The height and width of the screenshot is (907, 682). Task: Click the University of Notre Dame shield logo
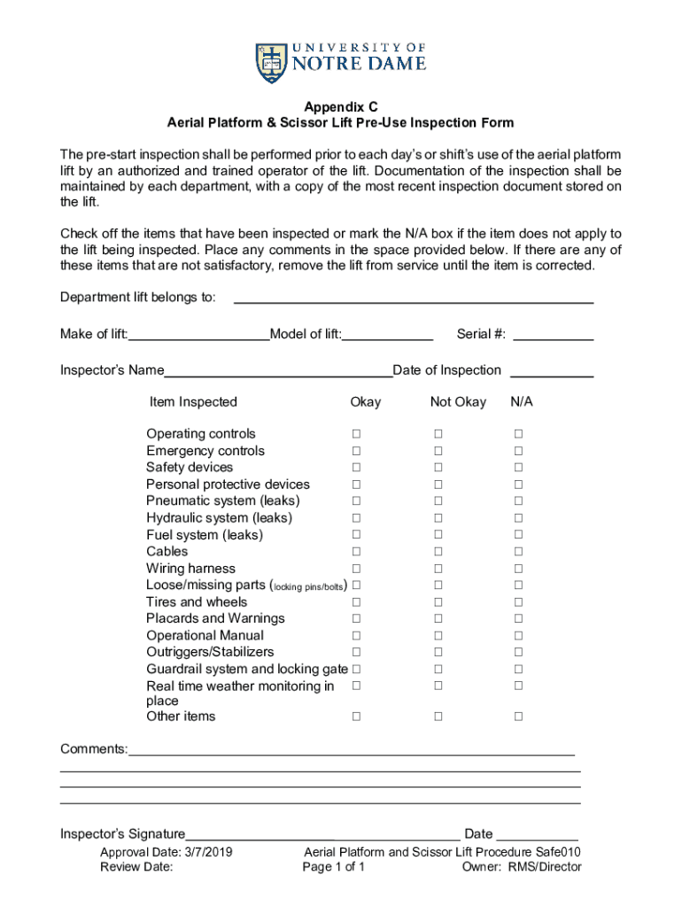pyautogui.click(x=271, y=63)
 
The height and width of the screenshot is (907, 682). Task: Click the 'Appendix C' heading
pyautogui.click(x=341, y=105)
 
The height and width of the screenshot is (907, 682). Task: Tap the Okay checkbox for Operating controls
pyautogui.click(x=356, y=434)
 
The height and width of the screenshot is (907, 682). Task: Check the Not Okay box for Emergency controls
pyautogui.click(x=438, y=451)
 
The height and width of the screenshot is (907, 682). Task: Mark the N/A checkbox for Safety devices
pyautogui.click(x=519, y=468)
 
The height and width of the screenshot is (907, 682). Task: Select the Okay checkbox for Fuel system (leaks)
pyautogui.click(x=356, y=535)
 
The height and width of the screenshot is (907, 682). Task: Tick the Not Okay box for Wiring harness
pyautogui.click(x=438, y=569)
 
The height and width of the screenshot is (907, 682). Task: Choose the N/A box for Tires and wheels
pyautogui.click(x=519, y=602)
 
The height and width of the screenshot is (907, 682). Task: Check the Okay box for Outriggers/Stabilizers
pyautogui.click(x=356, y=652)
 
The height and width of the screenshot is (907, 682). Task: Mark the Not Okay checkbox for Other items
pyautogui.click(x=438, y=717)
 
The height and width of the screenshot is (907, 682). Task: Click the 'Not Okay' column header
pyautogui.click(x=458, y=402)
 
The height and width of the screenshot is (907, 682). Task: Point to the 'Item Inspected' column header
pyautogui.click(x=193, y=402)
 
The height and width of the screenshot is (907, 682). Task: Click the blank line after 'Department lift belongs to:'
pyautogui.click(x=413, y=298)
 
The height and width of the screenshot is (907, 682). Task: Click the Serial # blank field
pyautogui.click(x=553, y=335)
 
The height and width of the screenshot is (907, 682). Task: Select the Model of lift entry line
pyautogui.click(x=388, y=335)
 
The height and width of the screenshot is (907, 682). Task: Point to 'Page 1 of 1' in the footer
pyautogui.click(x=333, y=867)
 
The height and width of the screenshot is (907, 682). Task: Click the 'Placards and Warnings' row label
pyautogui.click(x=215, y=618)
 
